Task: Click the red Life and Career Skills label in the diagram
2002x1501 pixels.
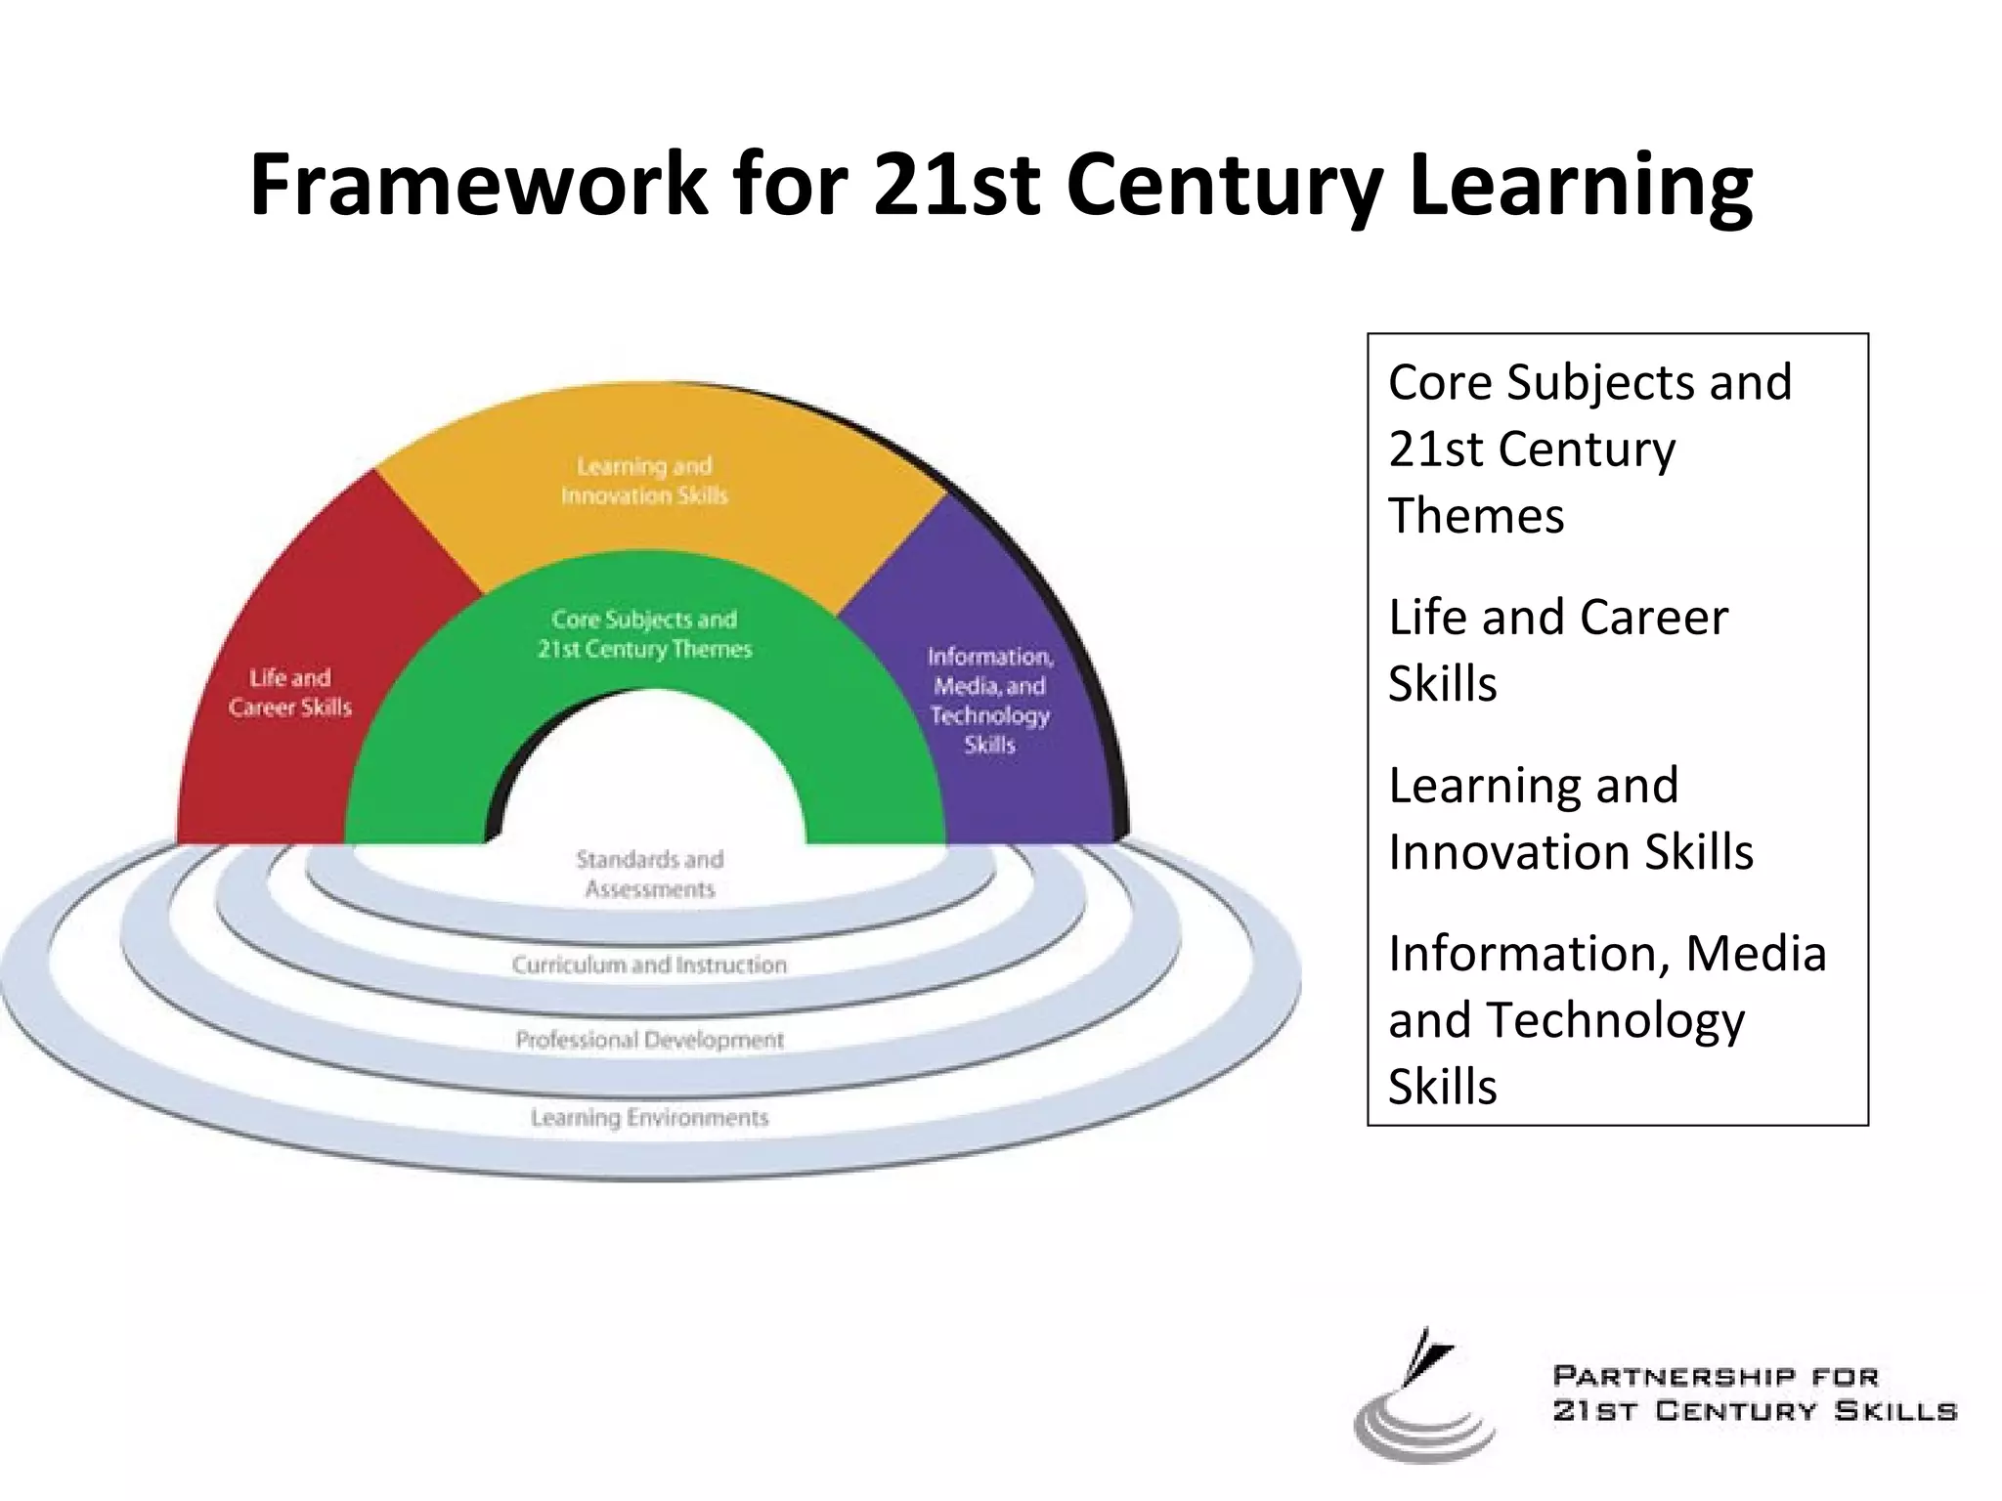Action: pos(290,692)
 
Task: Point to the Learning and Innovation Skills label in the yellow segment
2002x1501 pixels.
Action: pos(644,481)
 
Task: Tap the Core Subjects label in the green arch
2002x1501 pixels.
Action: pos(644,633)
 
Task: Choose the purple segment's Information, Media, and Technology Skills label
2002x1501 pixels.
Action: pos(990,700)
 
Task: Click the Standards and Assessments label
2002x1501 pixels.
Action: pos(650,874)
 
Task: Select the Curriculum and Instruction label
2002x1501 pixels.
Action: pos(649,965)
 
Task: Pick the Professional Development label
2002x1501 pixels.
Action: pos(650,1040)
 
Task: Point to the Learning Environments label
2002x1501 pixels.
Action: pos(650,1117)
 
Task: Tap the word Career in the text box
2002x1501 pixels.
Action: pos(1653,618)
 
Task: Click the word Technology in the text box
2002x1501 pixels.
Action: pos(1615,1020)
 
